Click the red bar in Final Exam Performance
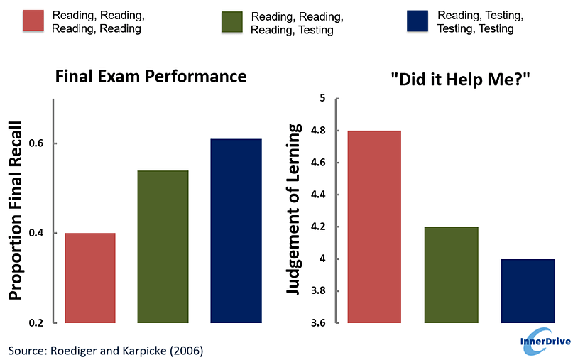tap(91, 278)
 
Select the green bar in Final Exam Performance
tap(163, 246)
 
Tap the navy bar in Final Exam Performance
tap(236, 231)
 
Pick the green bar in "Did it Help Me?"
tap(452, 275)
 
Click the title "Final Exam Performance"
tap(151, 77)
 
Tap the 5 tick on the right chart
tap(321, 98)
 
